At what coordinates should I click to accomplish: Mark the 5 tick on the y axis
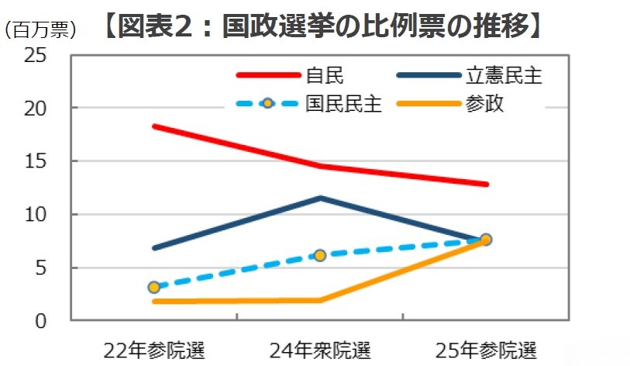[x=41, y=268]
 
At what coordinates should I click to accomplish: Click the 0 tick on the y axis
[x=41, y=320]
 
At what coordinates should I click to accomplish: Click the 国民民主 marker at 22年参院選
[x=154, y=287]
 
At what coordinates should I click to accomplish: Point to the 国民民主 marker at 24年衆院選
[x=320, y=255]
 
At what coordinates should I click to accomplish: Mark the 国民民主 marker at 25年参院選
[x=486, y=240]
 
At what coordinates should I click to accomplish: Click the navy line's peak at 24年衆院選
[x=320, y=198]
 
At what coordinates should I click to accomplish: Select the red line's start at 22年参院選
[x=154, y=126]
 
